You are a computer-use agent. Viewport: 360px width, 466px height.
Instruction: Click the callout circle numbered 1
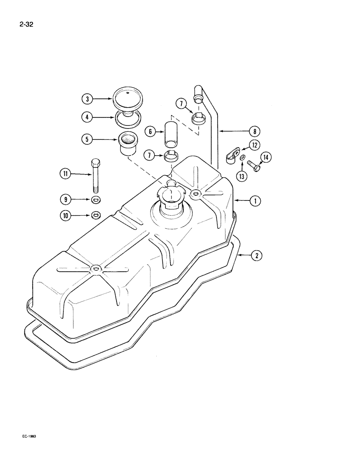coord(255,201)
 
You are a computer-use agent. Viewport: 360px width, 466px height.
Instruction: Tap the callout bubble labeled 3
coord(86,99)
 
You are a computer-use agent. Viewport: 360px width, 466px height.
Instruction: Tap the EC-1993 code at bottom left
coord(28,436)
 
